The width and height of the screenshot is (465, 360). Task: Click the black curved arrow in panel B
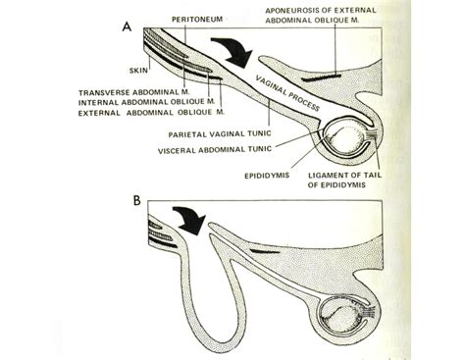point(187,218)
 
